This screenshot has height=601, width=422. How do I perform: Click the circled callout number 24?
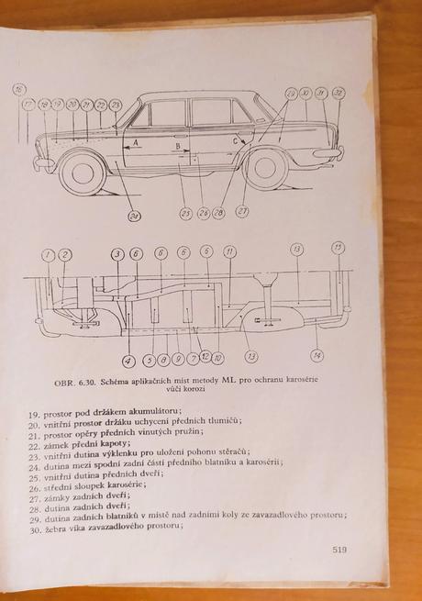[134, 217]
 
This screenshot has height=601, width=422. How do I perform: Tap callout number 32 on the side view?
[338, 94]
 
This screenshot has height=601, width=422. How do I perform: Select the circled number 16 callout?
[19, 89]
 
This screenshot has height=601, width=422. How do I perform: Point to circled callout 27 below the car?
[242, 212]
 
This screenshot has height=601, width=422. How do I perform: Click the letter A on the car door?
[136, 144]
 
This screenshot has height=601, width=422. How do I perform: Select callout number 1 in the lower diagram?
[48, 254]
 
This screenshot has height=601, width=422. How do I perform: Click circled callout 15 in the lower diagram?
[338, 247]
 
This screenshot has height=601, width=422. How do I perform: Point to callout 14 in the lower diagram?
[317, 355]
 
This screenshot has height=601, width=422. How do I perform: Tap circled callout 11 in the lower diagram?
[229, 251]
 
